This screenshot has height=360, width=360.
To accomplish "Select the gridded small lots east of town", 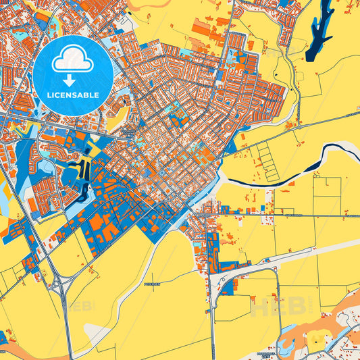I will pos(267,155).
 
